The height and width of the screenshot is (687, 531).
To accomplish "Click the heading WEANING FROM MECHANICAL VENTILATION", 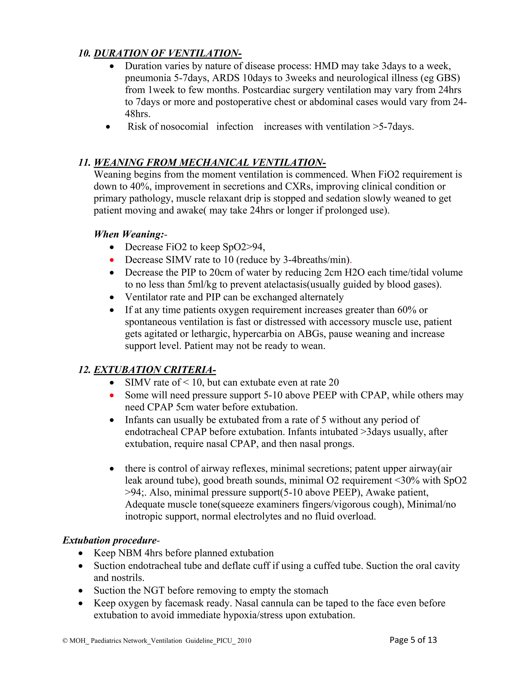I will click(x=209, y=162).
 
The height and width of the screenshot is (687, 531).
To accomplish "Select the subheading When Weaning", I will click(x=129, y=234).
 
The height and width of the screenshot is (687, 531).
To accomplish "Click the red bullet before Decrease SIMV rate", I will click(x=112, y=260).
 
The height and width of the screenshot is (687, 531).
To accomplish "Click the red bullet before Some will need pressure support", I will click(x=112, y=395).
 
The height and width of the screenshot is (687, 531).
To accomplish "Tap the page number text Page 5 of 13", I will click(x=413, y=640).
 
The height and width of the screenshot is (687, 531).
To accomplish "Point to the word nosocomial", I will click(x=184, y=127).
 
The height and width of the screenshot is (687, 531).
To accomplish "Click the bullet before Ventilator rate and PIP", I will click(x=112, y=297).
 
